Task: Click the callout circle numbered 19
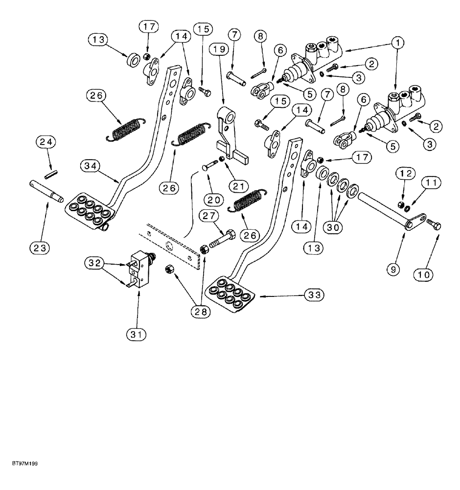click(x=219, y=49)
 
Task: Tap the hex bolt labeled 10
click(x=434, y=225)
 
